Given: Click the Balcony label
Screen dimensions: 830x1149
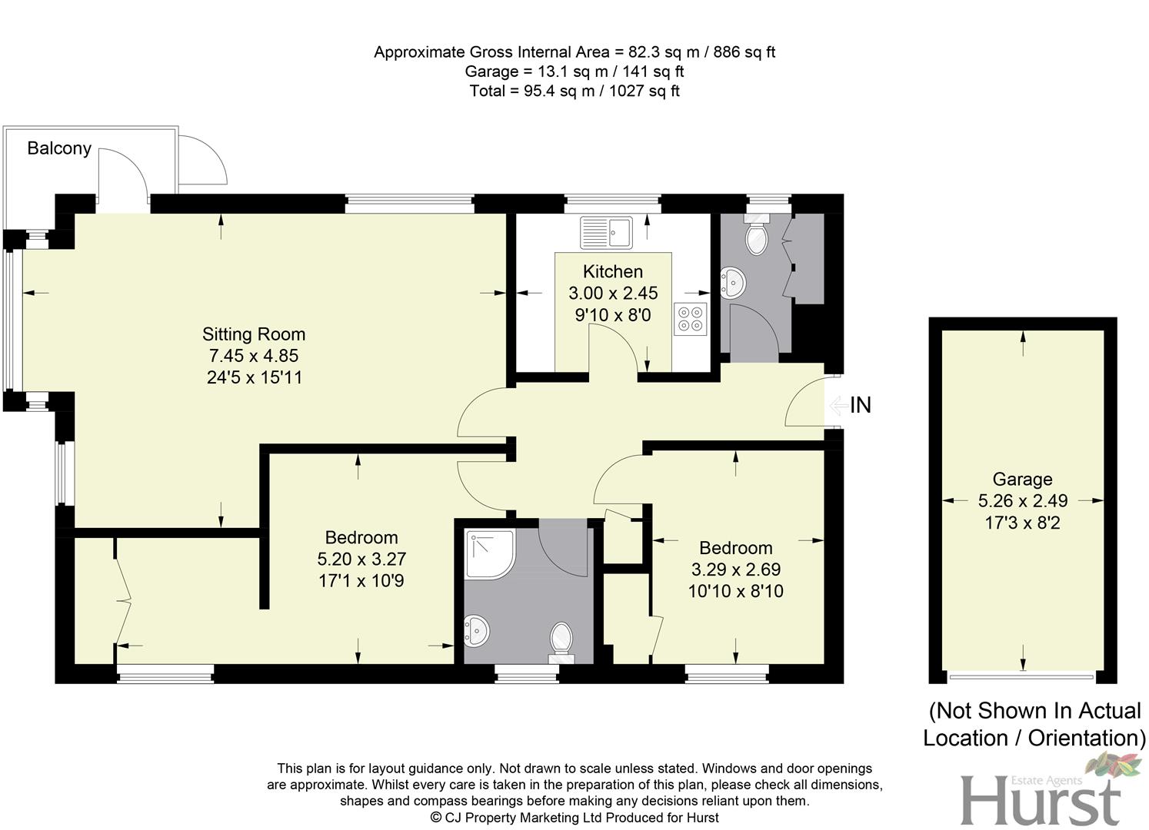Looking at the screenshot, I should (59, 148).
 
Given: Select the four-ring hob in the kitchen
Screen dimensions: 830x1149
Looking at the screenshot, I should (690, 320).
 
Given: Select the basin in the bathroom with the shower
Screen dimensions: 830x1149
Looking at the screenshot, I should (477, 631).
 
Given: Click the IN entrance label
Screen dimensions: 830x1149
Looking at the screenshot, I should (861, 405).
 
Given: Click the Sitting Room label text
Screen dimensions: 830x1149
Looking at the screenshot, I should (254, 334).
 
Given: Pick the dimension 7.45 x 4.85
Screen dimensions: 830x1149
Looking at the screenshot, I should (254, 356).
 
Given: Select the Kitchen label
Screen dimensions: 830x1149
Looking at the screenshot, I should (613, 271).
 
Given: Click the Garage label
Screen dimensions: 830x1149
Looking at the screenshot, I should (1022, 480).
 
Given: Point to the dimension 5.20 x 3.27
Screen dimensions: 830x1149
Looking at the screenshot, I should (361, 559).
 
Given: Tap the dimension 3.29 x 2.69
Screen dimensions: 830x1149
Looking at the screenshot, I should (736, 569).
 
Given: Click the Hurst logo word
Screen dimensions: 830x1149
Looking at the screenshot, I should (1040, 802).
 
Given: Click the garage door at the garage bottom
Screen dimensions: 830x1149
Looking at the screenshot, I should (1021, 677).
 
